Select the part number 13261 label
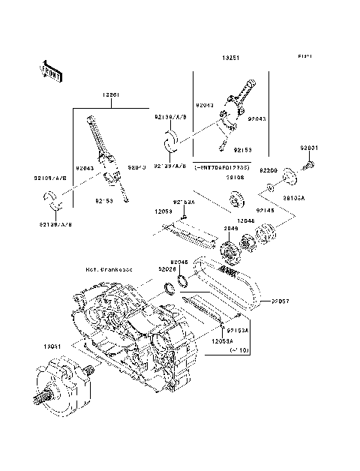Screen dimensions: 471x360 [x=113, y=97]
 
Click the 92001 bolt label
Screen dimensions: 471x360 [x=310, y=147]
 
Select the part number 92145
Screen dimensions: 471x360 [x=265, y=211]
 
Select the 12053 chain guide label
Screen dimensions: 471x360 [x=166, y=213]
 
